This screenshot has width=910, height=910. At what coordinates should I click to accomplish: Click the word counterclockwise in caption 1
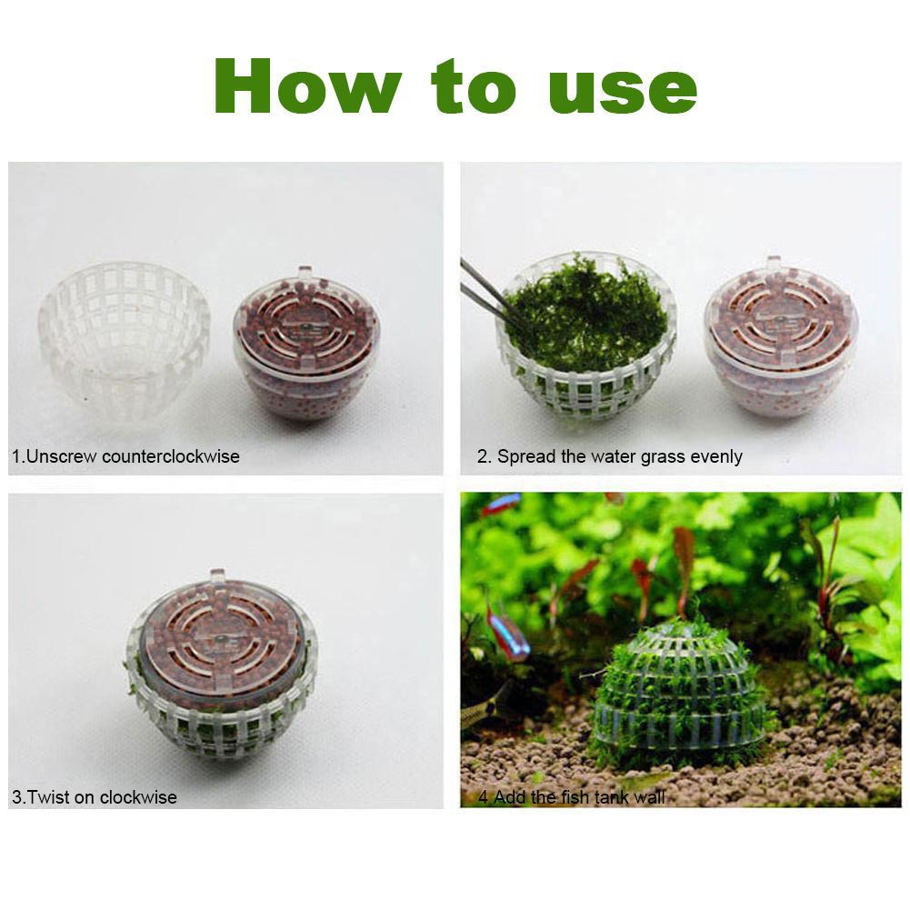coord(171,456)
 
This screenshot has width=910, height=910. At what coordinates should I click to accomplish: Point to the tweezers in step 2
coord(487,289)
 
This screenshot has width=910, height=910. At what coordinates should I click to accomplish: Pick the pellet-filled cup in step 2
coord(780,341)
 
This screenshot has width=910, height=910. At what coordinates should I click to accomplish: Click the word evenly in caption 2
coord(716,456)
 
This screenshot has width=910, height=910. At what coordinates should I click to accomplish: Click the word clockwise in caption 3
coord(138,798)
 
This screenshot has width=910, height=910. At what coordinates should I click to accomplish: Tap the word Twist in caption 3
coord(48,798)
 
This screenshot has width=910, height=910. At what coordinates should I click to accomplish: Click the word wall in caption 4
coord(650,798)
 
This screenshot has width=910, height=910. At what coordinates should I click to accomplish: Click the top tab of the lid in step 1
coord(305,273)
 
